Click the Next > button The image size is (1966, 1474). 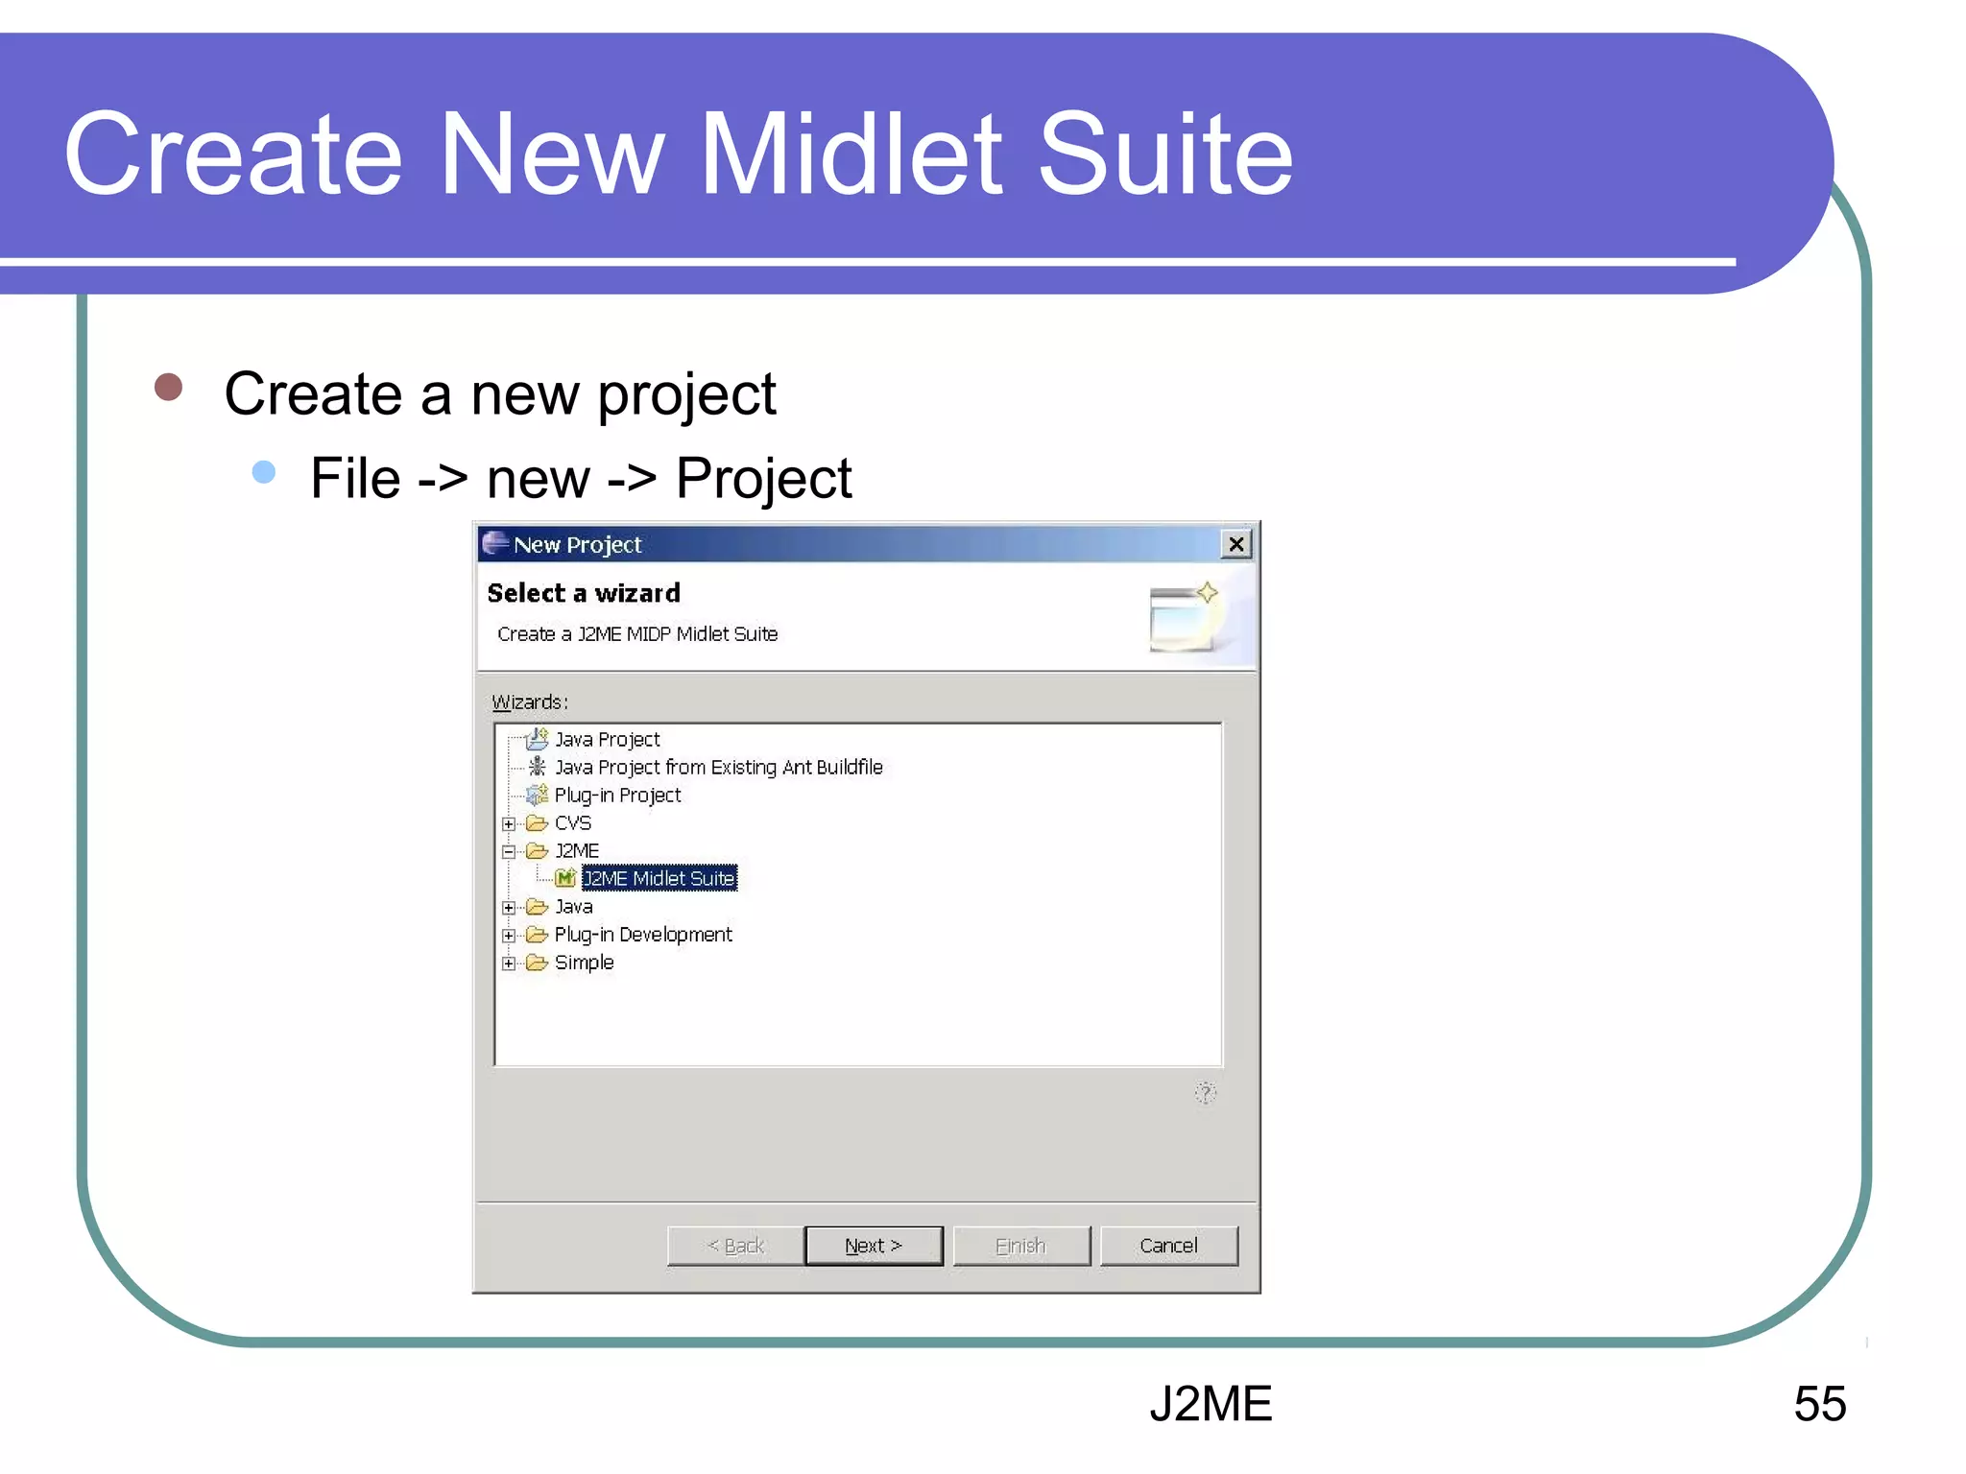874,1246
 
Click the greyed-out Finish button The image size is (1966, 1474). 1021,1246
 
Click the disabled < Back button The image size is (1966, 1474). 735,1246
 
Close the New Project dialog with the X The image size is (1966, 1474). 1236,544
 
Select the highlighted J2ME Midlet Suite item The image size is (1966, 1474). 659,878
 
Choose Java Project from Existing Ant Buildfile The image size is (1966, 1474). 718,767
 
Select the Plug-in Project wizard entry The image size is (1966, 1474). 617,795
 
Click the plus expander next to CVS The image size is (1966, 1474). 509,823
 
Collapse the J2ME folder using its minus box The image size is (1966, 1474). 509,851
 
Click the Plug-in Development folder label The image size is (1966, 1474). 643,934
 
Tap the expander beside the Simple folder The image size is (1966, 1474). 509,963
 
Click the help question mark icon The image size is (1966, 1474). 1206,1093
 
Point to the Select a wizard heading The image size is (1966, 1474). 584,593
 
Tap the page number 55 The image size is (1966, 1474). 1819,1403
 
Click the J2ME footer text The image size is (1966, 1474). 1211,1403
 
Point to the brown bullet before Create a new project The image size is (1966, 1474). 169,387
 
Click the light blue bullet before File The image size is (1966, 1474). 264,472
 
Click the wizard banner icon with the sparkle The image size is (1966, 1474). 1184,617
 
